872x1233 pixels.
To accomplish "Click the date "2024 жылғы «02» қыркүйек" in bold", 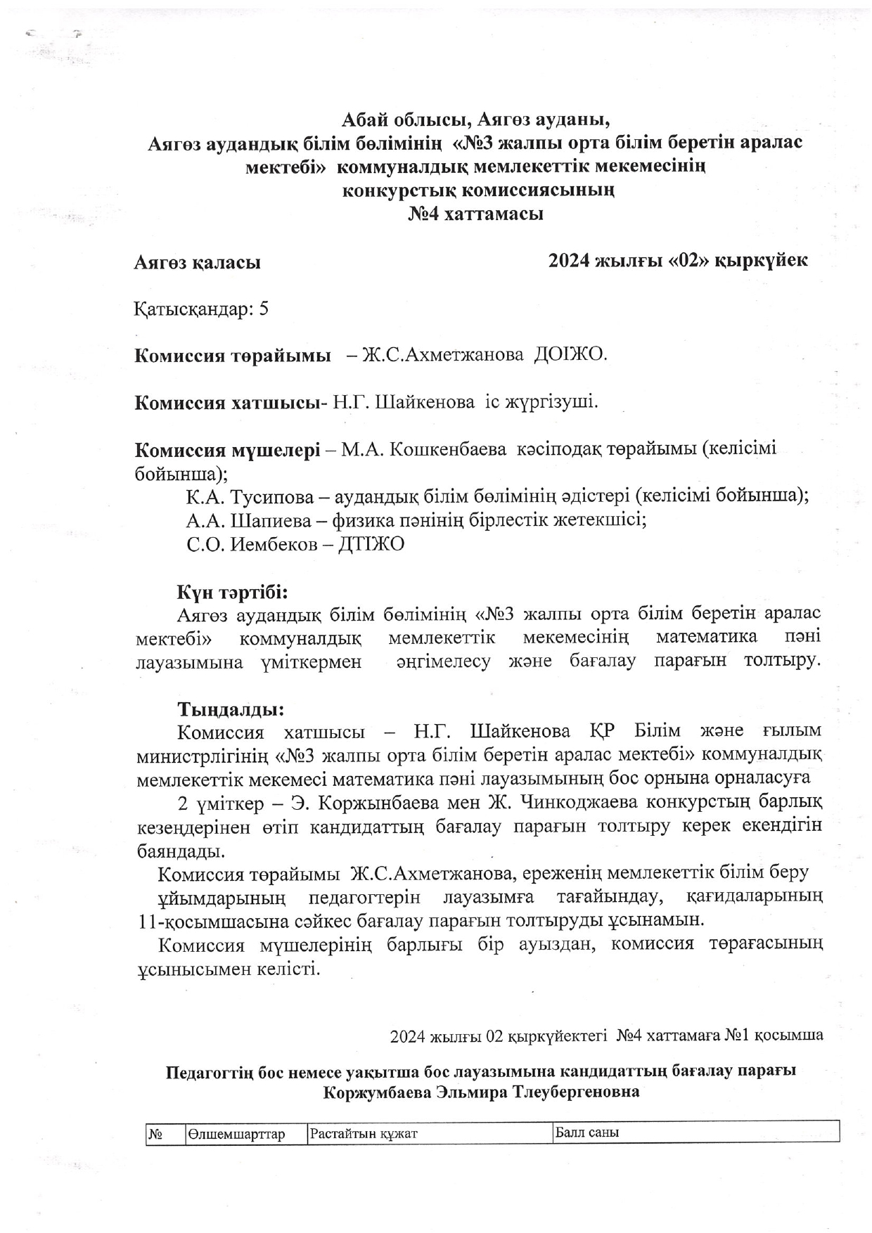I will click(678, 261).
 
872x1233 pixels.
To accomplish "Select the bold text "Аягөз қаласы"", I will click(198, 263).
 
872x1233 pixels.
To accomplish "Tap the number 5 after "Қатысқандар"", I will click(264, 309).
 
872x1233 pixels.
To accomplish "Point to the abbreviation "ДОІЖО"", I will click(570, 355).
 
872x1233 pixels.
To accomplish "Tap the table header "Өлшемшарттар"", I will click(236, 1133).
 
